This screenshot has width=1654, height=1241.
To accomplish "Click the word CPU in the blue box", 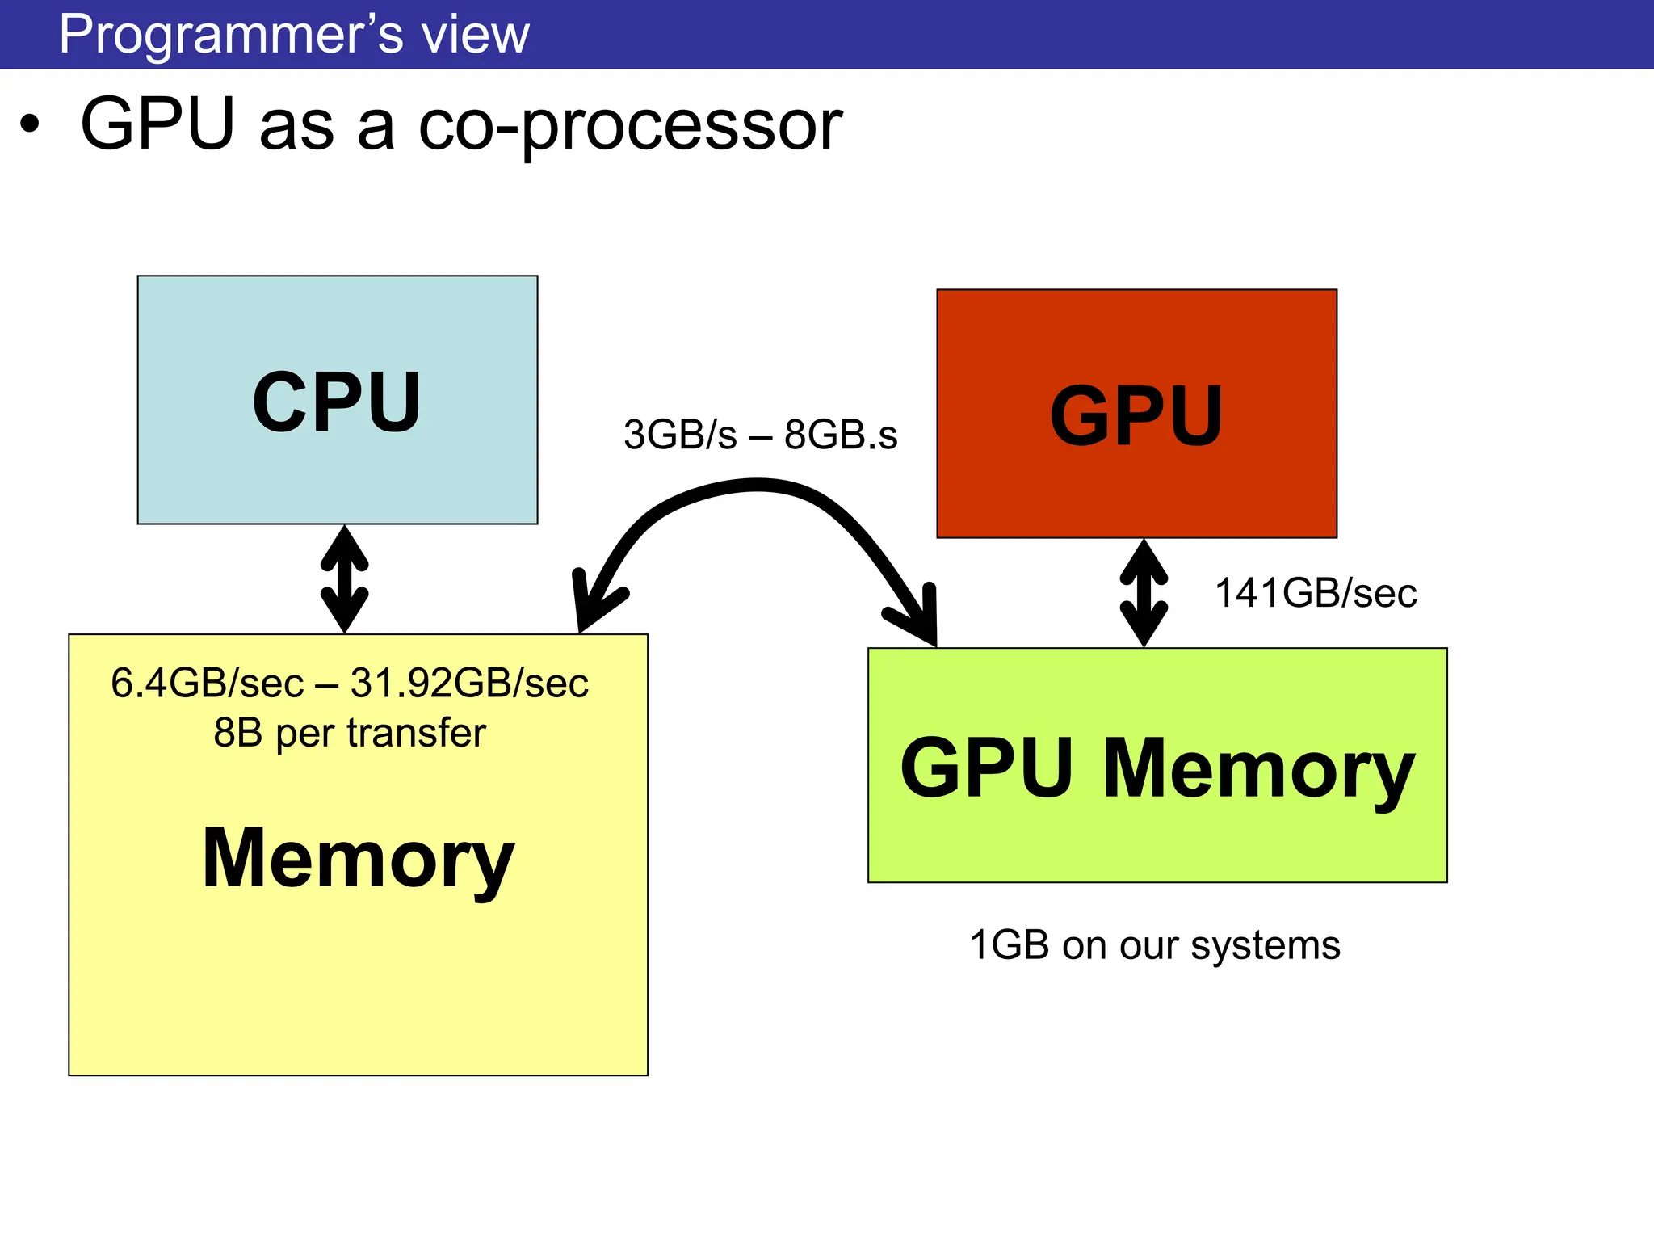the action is [x=337, y=402].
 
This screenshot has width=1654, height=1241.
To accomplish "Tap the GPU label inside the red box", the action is [x=1136, y=415].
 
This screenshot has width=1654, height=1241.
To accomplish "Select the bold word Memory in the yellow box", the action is [x=358, y=860].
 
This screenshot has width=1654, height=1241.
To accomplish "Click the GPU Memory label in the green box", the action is [x=1157, y=770].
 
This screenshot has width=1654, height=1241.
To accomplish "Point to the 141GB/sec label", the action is [x=1316, y=593].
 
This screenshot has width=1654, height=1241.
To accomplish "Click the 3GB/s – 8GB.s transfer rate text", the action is [x=760, y=435].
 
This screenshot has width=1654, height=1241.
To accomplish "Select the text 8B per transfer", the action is [x=350, y=734].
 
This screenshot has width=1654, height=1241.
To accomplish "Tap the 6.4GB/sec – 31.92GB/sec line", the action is [x=350, y=683].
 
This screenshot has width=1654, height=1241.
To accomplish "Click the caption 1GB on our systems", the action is [x=1154, y=946].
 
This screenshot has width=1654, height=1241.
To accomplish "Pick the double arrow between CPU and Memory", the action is [x=345, y=578].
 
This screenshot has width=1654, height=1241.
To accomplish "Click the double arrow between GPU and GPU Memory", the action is [x=1144, y=593].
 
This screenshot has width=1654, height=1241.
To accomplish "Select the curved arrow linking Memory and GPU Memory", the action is [x=757, y=484].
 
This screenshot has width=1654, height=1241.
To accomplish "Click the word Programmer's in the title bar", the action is [x=231, y=35].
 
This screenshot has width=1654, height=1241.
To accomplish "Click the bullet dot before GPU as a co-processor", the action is [x=30, y=125].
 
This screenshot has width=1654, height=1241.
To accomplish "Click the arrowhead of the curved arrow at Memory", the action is [x=594, y=603].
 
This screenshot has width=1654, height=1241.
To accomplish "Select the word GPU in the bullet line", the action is [x=157, y=124].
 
